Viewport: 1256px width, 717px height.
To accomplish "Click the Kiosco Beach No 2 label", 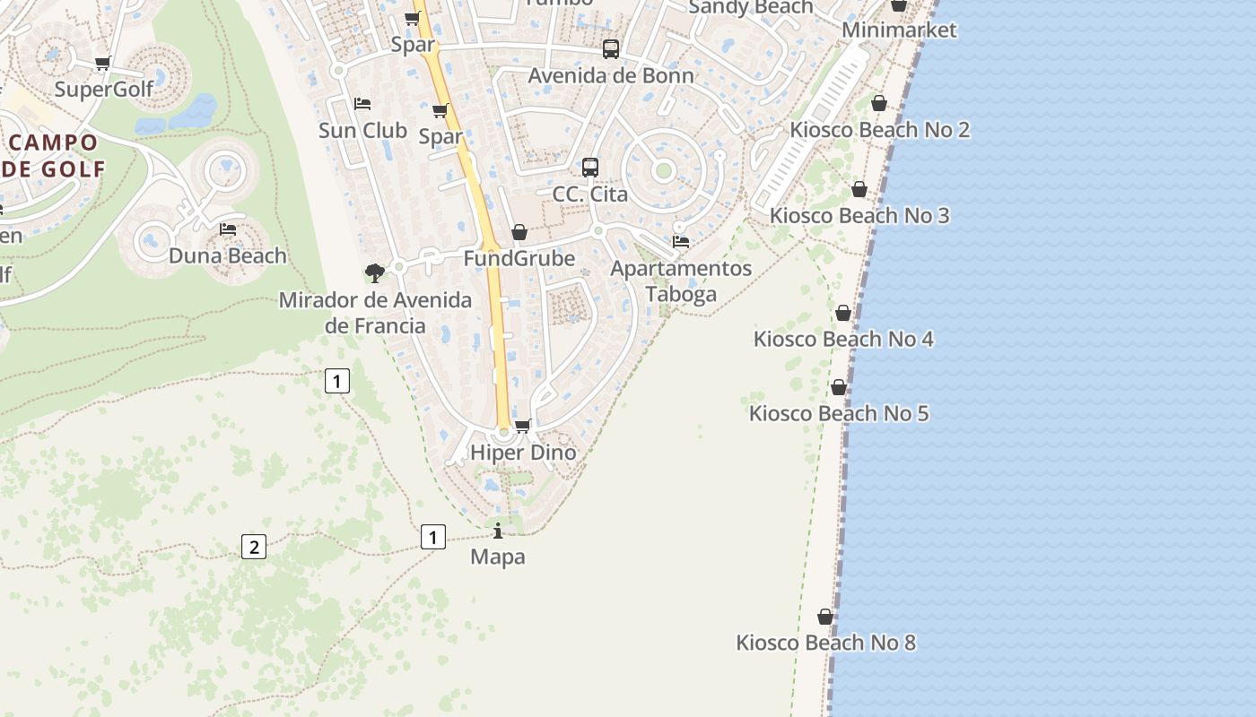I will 879,130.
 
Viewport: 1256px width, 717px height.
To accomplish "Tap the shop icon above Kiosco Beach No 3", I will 859,190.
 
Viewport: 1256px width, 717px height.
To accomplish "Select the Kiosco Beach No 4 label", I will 843,339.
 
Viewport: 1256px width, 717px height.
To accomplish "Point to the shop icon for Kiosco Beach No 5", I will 839,387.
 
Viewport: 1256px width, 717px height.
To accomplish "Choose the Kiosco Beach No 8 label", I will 825,643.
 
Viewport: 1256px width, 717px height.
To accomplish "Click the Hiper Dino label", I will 523,453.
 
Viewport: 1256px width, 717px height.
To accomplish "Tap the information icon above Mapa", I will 498,531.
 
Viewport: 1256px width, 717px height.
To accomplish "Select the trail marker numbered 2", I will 254,546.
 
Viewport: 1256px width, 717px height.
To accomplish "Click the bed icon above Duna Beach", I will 228,229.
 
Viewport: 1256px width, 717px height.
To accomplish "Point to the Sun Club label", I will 362,131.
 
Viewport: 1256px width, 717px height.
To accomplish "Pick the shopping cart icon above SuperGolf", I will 103,64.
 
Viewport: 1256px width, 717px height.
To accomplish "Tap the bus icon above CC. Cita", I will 589,168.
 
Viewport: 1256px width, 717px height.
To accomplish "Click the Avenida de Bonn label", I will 611,75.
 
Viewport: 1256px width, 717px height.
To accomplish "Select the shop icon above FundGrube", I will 519,233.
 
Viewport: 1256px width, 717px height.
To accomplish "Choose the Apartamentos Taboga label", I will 681,281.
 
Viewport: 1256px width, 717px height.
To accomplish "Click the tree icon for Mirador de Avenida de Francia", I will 375,272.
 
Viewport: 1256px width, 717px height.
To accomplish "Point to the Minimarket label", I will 899,30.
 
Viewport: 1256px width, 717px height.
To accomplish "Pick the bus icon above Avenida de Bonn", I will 611,49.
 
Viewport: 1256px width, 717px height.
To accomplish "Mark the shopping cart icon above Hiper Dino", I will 522,426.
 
